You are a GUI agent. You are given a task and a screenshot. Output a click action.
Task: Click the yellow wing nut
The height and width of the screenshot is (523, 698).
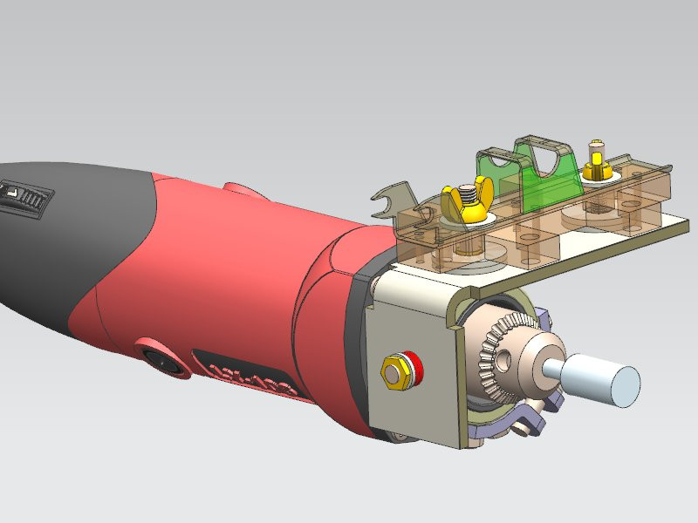coord(462,204)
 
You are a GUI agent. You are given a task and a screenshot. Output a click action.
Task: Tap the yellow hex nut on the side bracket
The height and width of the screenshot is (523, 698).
coord(394,372)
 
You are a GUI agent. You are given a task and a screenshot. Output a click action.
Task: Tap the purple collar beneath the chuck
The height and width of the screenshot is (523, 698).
coord(506,427)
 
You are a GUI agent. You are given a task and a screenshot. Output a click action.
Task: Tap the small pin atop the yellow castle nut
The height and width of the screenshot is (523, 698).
coord(597,144)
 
